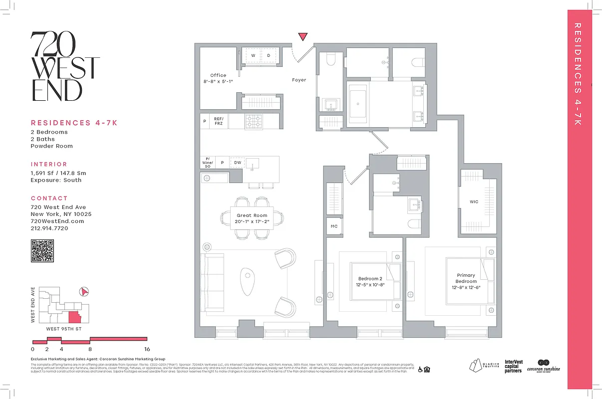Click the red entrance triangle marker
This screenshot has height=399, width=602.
303,36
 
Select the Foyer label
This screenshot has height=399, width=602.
299,80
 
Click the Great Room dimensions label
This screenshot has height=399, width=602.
252,218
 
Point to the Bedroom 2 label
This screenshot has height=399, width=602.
370,281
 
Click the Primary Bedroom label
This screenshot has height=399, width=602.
466,278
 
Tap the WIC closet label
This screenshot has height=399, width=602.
474,202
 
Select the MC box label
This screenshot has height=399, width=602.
334,226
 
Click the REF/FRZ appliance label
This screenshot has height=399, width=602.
218,121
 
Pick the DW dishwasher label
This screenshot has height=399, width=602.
238,163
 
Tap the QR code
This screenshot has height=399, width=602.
42,250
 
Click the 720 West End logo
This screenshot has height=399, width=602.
65,66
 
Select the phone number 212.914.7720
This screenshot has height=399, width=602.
49,228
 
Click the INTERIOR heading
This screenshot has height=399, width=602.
49,164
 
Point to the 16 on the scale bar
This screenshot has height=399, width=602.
147,349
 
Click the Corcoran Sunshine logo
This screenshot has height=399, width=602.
544,366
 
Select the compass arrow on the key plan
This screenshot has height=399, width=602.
84,291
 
